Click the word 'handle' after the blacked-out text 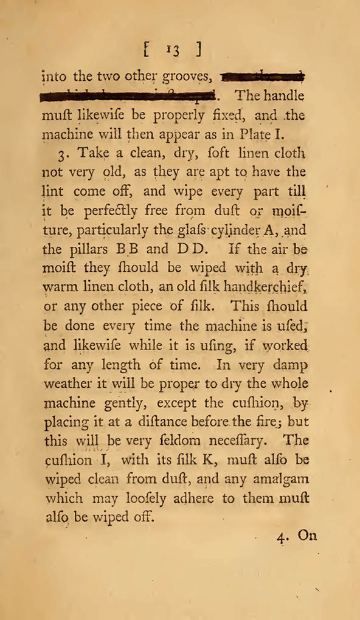click(x=283, y=95)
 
